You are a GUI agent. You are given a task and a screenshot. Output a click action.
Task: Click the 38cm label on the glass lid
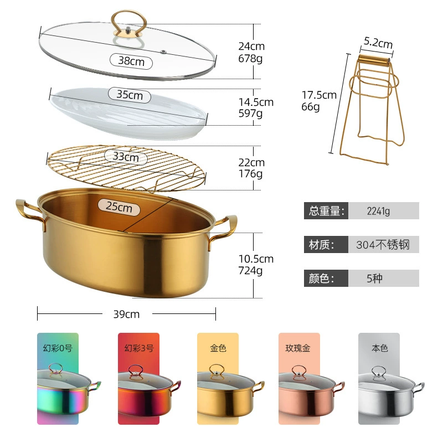[x=131, y=61]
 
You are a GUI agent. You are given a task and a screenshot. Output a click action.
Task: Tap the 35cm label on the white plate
[x=130, y=95]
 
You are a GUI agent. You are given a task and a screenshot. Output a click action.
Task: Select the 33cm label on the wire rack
[x=126, y=157]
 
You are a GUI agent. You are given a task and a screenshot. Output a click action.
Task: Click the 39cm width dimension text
[x=126, y=314]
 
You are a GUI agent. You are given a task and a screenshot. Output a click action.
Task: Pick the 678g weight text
[x=250, y=59]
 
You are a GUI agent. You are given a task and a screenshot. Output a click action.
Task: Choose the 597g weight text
[x=250, y=114]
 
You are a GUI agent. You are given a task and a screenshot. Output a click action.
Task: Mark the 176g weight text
[x=250, y=173]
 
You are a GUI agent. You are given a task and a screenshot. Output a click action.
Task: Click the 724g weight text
[x=250, y=270]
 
